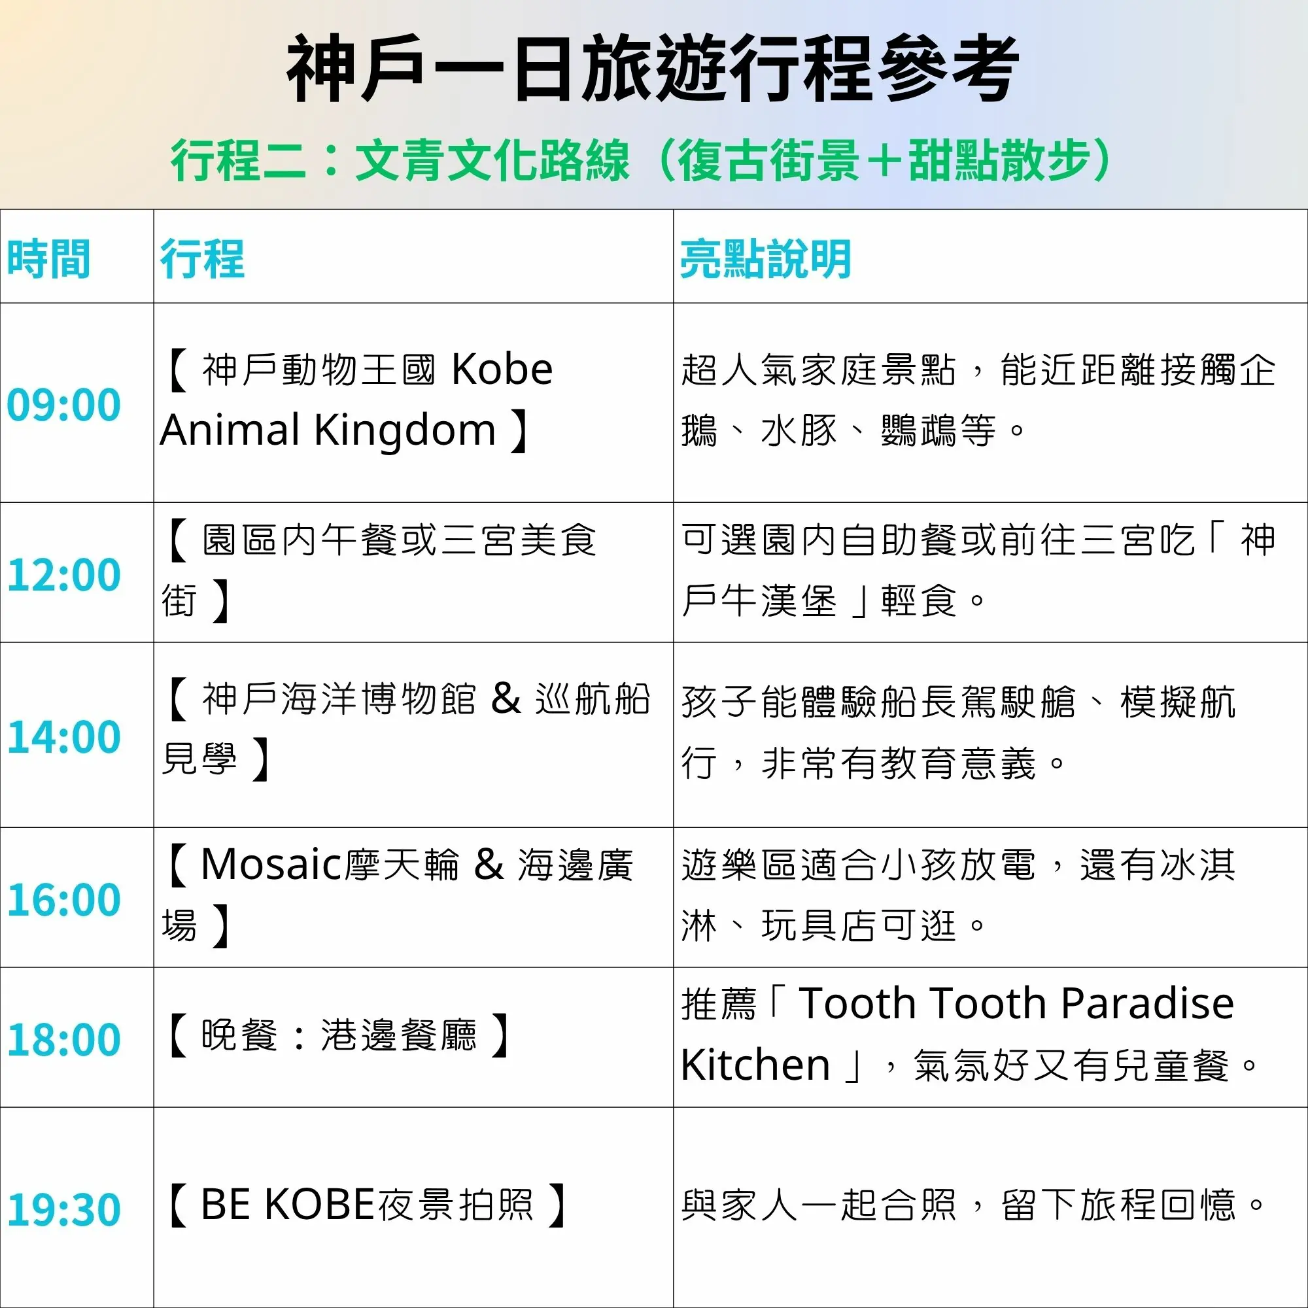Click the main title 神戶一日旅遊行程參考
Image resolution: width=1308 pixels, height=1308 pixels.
653,69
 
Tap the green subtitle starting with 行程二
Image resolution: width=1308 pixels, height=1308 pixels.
640,160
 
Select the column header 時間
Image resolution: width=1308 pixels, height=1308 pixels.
49,258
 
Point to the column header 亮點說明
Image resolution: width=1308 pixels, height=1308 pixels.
766,258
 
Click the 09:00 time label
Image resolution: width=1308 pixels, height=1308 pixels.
63,405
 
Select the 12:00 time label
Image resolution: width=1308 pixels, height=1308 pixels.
63,575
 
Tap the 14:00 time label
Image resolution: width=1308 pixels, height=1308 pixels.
63,736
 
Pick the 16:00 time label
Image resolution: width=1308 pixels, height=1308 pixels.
63,900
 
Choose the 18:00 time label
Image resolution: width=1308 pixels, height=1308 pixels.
63,1039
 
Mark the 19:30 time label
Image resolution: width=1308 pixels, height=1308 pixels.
63,1209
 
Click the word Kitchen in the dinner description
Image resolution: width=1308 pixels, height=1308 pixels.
755,1064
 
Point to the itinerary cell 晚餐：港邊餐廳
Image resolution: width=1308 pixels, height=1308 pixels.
339,1035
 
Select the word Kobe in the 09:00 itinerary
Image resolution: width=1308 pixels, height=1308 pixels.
502,370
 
